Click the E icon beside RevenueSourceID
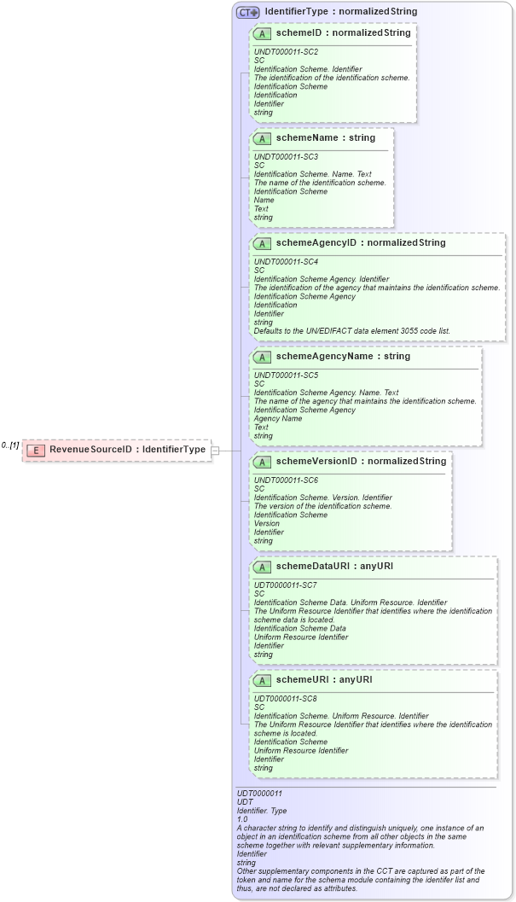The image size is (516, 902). point(36,450)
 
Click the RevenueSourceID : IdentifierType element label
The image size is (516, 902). point(127,450)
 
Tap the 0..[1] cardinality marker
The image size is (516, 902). point(10,445)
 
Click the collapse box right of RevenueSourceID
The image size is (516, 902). point(216,450)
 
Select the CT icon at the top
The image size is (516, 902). point(248,12)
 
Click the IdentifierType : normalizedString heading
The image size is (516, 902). point(340,12)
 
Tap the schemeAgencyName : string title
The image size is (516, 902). point(342,357)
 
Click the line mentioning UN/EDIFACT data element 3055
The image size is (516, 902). point(352,331)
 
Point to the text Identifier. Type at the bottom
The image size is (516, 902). point(262,810)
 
